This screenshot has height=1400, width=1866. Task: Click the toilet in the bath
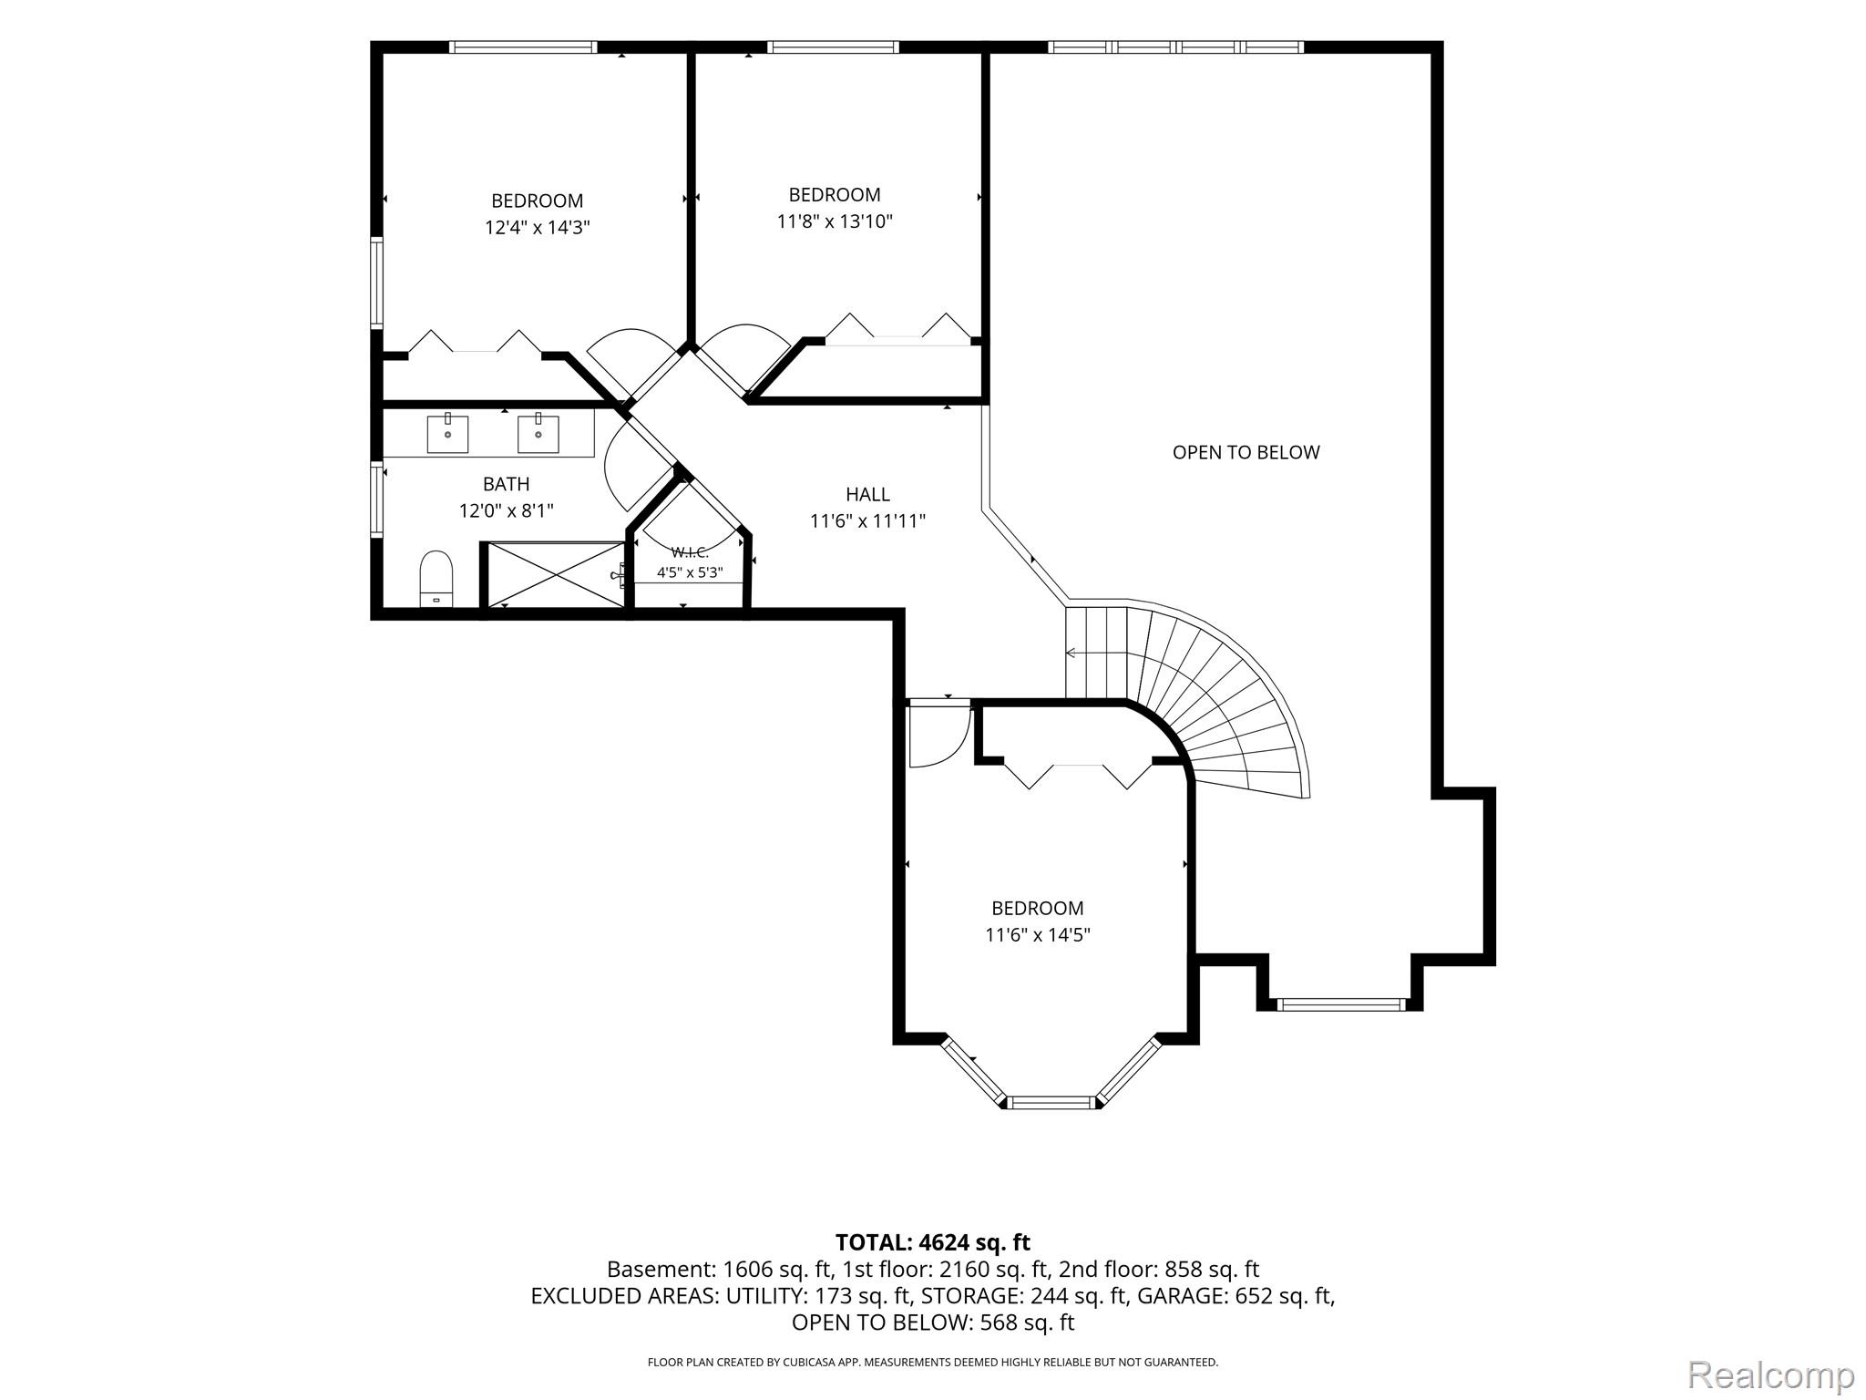(436, 578)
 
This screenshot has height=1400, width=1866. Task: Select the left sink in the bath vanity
(447, 434)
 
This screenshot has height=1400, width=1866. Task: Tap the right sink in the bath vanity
(538, 434)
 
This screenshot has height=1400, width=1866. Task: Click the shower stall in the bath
(554, 574)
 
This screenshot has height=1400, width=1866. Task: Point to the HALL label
(867, 494)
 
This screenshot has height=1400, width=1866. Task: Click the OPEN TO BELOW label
(1246, 452)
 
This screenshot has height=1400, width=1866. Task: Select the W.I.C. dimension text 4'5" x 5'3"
(690, 572)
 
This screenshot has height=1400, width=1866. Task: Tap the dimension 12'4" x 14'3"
(538, 227)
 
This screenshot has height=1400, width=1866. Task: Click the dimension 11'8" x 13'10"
(835, 221)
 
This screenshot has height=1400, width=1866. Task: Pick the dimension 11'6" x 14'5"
(1038, 934)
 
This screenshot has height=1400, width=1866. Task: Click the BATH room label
(507, 484)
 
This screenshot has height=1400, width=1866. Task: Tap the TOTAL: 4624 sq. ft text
(932, 1242)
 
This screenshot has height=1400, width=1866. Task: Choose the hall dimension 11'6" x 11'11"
(867, 521)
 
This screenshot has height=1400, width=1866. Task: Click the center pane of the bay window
(1051, 1102)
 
